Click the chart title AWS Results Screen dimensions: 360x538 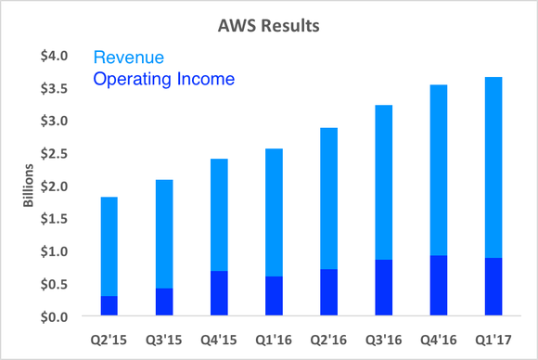point(268,25)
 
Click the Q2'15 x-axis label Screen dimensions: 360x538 point(109,338)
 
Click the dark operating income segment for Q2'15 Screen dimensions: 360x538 point(109,306)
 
